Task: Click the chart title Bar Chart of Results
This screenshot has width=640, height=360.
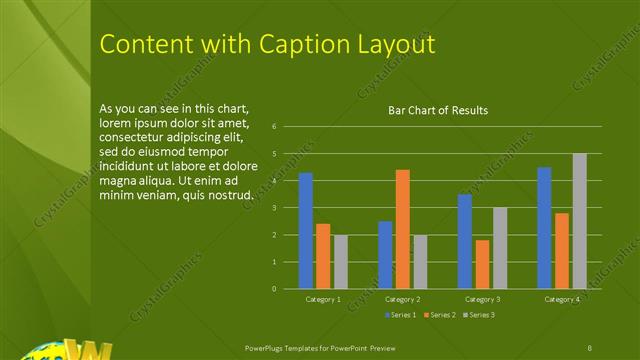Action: click(x=438, y=110)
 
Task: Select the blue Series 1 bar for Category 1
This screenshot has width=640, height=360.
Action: click(x=305, y=230)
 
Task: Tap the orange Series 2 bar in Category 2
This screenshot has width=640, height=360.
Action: click(x=402, y=228)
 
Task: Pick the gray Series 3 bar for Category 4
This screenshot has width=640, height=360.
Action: click(x=579, y=220)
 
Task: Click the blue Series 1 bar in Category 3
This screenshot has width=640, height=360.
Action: click(x=464, y=241)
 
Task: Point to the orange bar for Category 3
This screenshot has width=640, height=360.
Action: click(x=482, y=264)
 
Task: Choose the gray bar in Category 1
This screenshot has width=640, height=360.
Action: click(x=341, y=262)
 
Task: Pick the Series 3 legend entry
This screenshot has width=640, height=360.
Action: click(x=479, y=315)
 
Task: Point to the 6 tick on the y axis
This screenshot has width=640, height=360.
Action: click(x=288, y=127)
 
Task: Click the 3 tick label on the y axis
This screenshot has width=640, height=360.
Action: click(x=288, y=208)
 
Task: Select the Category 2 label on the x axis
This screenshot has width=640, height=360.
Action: click(x=402, y=299)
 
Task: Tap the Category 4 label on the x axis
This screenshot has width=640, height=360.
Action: click(x=561, y=299)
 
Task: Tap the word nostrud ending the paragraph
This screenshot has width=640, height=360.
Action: click(x=228, y=195)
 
